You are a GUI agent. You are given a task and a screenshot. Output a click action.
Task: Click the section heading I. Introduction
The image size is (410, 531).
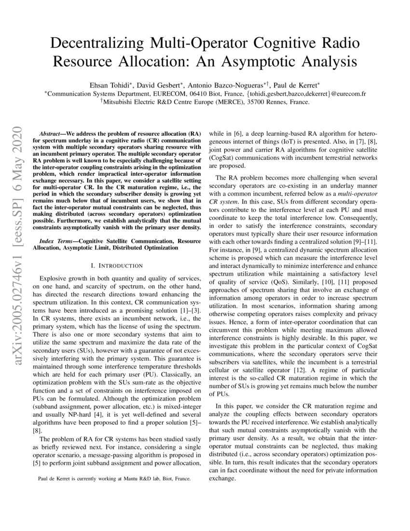pos(117,265)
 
